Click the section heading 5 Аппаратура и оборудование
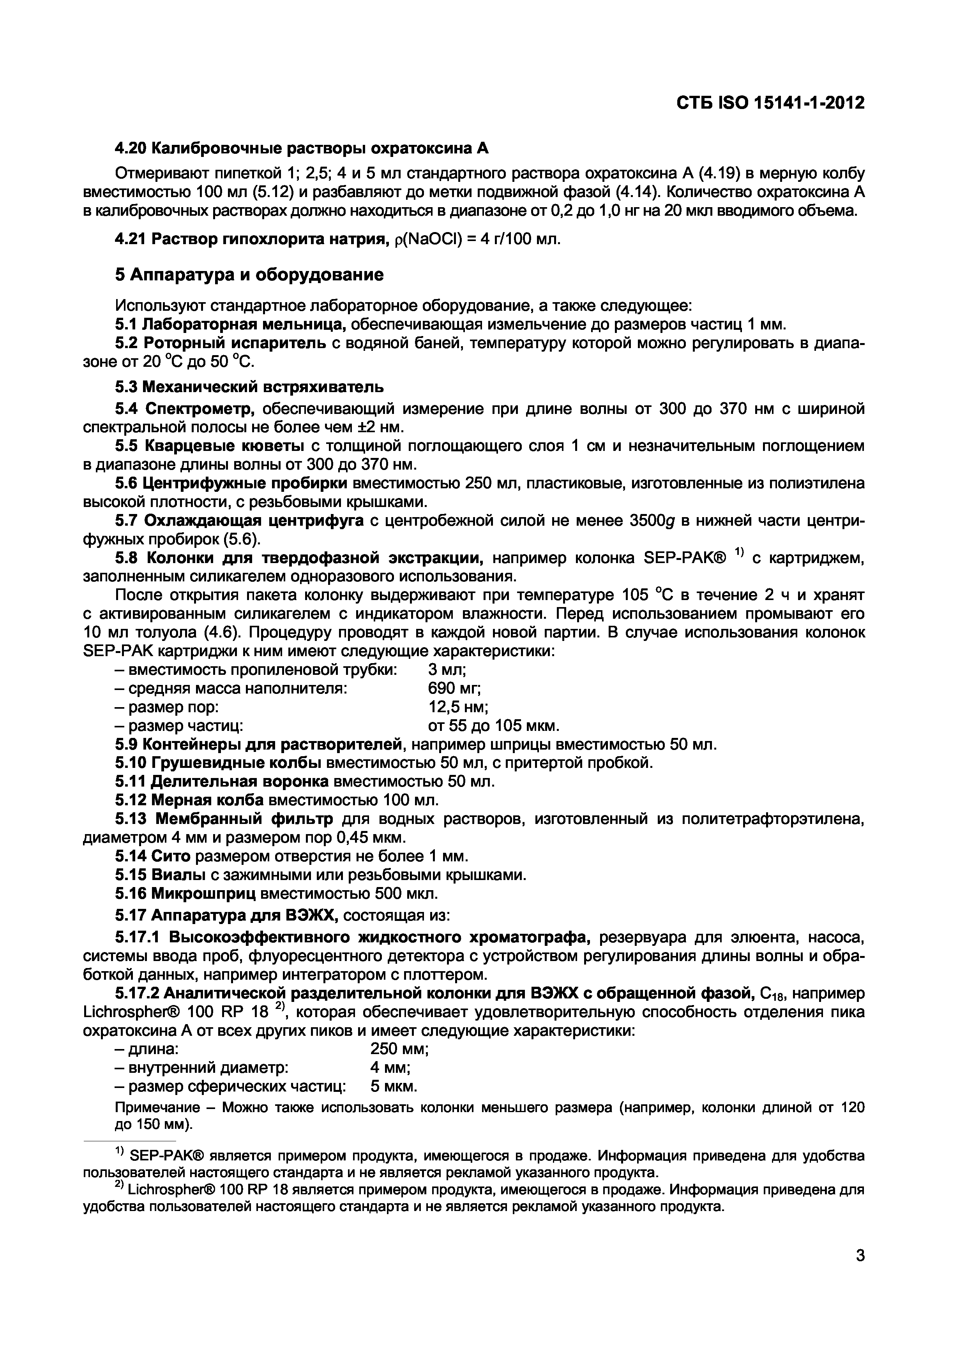click(x=249, y=275)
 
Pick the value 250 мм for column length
click(x=399, y=1049)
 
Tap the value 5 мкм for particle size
click(x=394, y=1086)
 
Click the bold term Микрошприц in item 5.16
click(x=203, y=894)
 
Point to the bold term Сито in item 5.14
click(x=171, y=856)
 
